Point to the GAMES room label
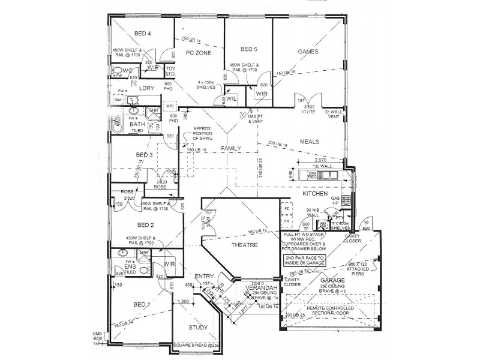point(308,52)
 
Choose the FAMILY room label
point(231,148)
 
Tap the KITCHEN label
point(315,194)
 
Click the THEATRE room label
point(244,245)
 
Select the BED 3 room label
point(144,155)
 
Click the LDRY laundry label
point(147,88)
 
